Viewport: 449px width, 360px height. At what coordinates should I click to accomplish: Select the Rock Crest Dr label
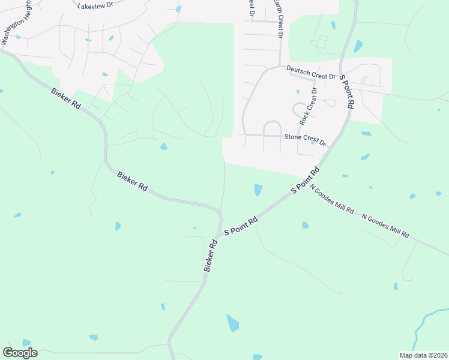pyautogui.click(x=308, y=106)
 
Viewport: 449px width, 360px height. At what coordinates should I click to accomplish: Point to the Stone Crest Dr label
pyautogui.click(x=304, y=139)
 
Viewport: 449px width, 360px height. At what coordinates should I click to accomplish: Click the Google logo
pyautogui.click(x=20, y=352)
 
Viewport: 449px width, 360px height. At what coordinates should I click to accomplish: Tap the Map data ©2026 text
pyautogui.click(x=423, y=355)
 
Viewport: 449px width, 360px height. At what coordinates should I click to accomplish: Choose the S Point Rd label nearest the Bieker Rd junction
pyautogui.click(x=241, y=226)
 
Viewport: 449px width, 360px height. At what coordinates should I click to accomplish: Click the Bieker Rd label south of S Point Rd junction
pyautogui.click(x=210, y=256)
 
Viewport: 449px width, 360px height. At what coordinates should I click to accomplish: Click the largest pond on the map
pyautogui.click(x=232, y=323)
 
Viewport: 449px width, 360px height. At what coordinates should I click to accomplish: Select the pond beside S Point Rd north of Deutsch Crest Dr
pyautogui.click(x=358, y=46)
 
